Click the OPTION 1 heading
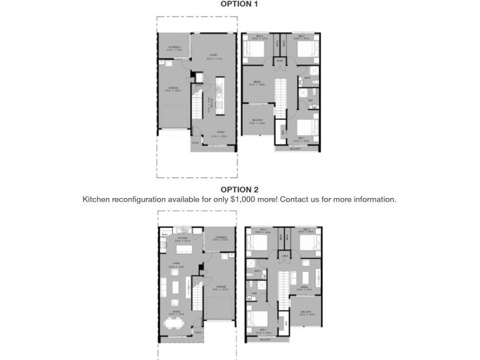pos(239,4)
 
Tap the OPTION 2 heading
pos(239,190)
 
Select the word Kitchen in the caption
pos(97,199)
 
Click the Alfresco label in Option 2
pos(220,238)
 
